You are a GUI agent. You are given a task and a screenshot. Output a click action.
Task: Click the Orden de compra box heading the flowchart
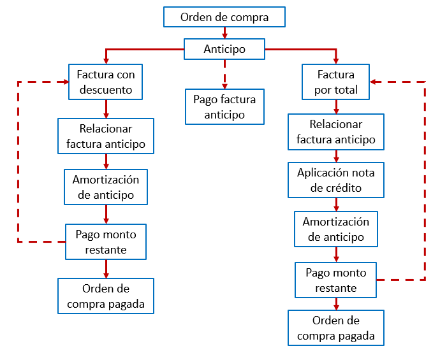224,17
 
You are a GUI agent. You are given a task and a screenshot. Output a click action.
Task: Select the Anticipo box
224,49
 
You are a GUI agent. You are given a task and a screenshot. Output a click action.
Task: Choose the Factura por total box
336,82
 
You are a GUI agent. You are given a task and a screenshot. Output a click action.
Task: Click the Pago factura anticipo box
224,107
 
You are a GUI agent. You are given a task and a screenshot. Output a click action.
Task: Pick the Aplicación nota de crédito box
336,180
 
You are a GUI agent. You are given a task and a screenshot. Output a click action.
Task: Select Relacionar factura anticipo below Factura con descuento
106,136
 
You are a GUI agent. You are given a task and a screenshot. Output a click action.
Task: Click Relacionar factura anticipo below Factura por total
336,132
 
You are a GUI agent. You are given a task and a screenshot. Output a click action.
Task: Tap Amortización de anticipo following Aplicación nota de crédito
336,229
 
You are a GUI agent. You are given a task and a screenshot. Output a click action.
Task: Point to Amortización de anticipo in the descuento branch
106,187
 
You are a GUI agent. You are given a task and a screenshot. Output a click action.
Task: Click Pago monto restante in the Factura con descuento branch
106,241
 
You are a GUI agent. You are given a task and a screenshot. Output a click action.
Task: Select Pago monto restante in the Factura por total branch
336,280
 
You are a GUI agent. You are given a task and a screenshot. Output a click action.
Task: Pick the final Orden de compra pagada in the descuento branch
106,296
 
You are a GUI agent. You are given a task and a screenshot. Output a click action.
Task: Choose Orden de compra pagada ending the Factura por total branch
336,328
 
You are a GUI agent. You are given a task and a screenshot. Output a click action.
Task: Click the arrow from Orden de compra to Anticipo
224,33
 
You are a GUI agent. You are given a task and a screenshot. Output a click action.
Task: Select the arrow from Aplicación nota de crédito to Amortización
336,205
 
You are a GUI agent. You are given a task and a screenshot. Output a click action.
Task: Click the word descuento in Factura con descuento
106,90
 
